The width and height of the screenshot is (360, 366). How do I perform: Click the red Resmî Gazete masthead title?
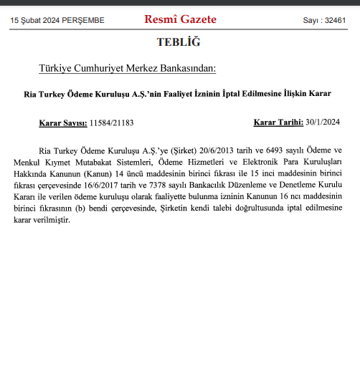point(180,19)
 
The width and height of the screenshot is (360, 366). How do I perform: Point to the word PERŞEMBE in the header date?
point(84,21)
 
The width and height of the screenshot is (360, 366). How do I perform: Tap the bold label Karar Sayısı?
point(62,122)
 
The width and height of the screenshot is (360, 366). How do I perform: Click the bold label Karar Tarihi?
point(278,122)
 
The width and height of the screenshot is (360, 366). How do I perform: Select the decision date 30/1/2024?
point(322,122)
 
